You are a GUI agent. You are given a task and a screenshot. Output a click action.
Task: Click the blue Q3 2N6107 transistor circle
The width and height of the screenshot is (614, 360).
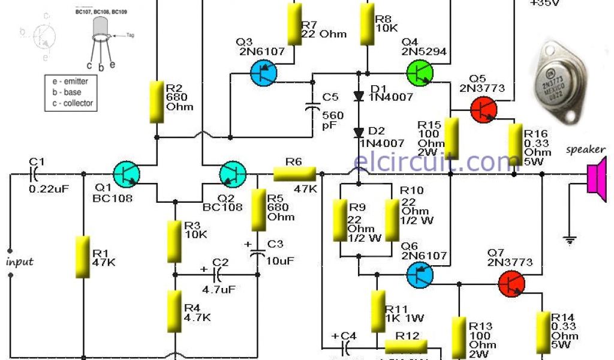point(263,74)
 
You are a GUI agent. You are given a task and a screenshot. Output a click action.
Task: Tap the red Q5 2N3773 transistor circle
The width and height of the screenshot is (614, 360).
point(484,109)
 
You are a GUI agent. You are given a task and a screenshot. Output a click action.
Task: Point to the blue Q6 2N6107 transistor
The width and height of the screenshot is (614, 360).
point(420,275)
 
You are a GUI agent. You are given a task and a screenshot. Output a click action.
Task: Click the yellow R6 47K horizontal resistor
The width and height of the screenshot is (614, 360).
point(294,174)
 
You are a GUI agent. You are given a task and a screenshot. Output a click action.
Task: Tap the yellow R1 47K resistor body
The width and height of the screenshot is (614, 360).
point(83,257)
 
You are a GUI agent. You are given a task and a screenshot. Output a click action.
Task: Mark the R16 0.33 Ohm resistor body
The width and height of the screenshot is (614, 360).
point(514,141)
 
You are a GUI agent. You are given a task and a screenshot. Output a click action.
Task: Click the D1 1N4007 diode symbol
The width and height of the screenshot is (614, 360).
point(359,96)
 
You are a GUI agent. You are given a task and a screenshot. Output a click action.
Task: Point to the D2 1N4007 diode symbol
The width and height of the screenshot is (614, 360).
point(359,132)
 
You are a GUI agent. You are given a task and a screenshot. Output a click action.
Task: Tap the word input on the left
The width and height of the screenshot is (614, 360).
point(19,262)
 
